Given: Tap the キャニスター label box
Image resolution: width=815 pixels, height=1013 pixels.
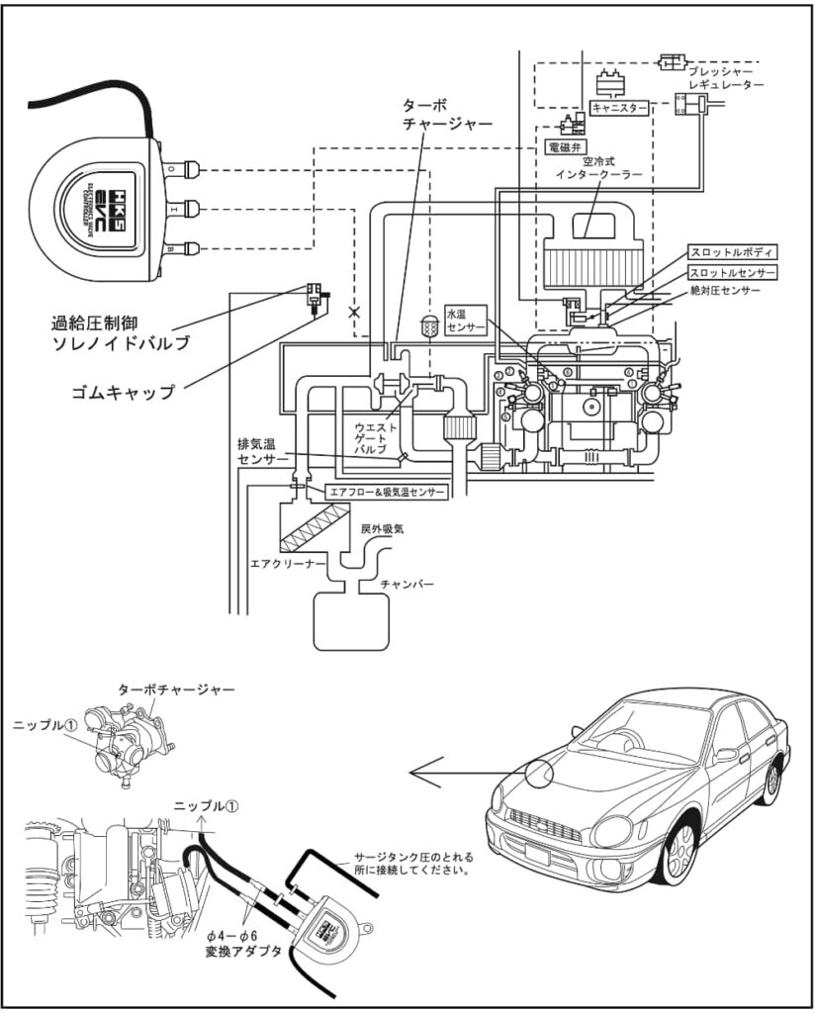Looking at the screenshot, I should pyautogui.click(x=619, y=107).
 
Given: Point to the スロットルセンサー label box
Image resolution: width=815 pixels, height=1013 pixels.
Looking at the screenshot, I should pyautogui.click(x=733, y=271).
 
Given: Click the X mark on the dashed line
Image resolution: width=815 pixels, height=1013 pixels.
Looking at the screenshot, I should pyautogui.click(x=354, y=312).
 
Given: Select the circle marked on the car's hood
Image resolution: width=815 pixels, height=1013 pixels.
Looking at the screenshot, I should pyautogui.click(x=544, y=774).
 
